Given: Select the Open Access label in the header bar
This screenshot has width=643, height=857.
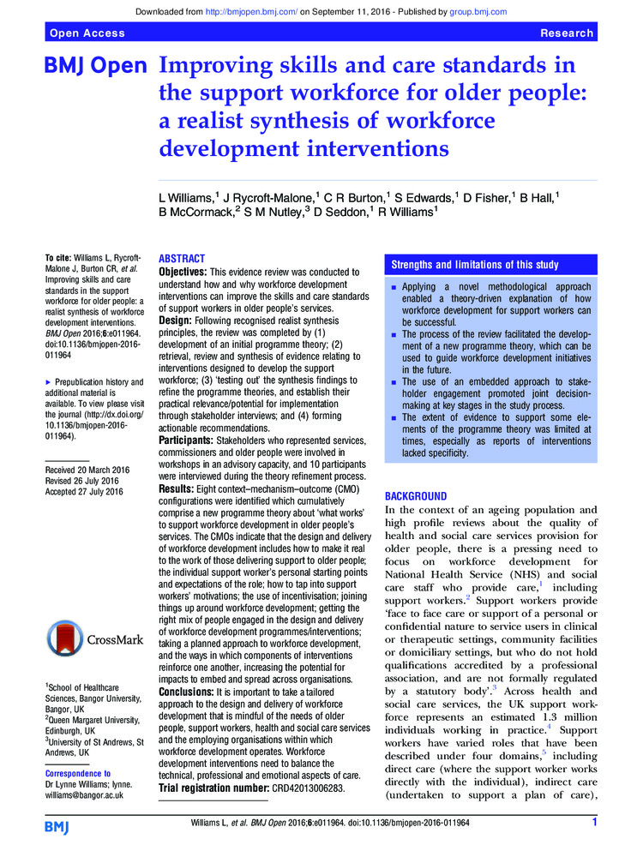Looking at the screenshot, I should pos(87,33).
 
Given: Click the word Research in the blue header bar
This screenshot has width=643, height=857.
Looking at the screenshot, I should pos(567,33).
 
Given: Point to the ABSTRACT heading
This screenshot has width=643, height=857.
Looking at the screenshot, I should pos(183,258).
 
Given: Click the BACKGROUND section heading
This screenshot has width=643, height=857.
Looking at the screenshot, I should pos(416,496).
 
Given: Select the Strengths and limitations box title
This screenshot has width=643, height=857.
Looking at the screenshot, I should pos(474,265).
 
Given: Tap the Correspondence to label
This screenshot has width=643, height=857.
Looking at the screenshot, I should pos(77,773).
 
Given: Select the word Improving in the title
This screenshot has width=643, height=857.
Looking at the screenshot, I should pos(215,66).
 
